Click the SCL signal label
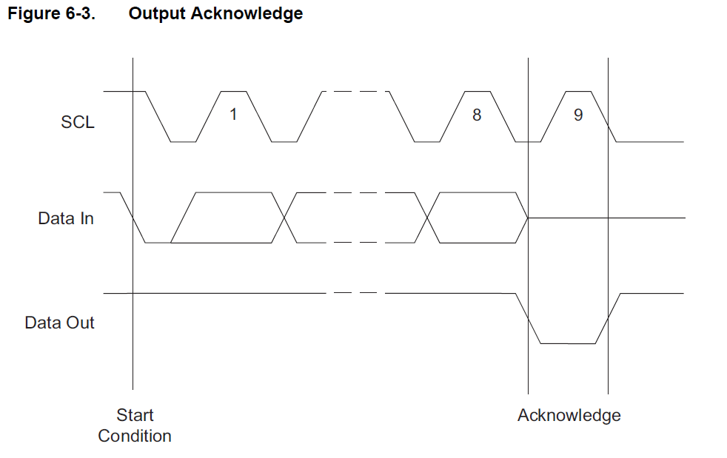(78, 122)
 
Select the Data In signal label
(66, 219)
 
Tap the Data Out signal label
(59, 323)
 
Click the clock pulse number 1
(233, 115)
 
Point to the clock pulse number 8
(476, 115)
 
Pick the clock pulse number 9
(578, 115)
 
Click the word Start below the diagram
(135, 415)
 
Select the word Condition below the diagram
(135, 436)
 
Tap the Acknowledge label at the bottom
(569, 415)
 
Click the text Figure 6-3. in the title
(51, 13)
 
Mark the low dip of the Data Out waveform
(568, 343)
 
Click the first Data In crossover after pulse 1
(284, 218)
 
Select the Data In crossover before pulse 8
(428, 218)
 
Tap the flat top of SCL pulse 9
(578, 92)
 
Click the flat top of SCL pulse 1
(233, 92)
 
